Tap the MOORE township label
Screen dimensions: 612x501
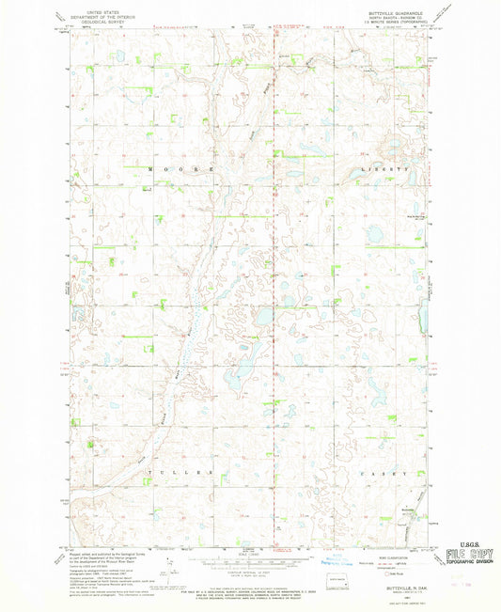tap(180, 168)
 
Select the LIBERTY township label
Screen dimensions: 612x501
tap(385, 168)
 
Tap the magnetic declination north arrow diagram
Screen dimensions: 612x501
tap(165, 569)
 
